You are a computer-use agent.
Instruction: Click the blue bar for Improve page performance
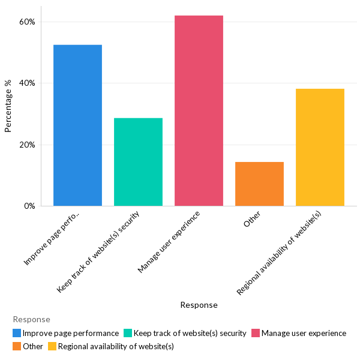click(77, 125)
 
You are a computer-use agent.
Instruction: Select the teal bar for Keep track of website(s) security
click(138, 162)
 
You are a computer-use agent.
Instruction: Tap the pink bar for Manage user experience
click(199, 111)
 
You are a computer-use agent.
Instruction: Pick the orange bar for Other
click(259, 184)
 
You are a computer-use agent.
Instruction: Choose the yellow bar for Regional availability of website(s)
click(320, 147)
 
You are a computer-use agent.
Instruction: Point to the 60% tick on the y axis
click(27, 22)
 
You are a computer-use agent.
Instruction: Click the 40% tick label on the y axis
click(27, 83)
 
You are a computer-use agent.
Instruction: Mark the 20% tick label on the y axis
click(27, 145)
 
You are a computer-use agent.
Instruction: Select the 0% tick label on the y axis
click(29, 206)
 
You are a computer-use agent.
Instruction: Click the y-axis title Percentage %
click(8, 106)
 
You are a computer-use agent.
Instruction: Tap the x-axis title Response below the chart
click(199, 305)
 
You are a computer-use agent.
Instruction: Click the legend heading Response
click(31, 320)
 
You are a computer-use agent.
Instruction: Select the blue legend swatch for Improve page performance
click(17, 333)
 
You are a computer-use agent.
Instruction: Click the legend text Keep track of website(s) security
click(190, 333)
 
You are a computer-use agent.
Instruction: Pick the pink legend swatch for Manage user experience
click(256, 333)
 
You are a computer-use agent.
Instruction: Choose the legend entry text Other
click(33, 346)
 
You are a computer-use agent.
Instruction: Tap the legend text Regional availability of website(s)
click(116, 346)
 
